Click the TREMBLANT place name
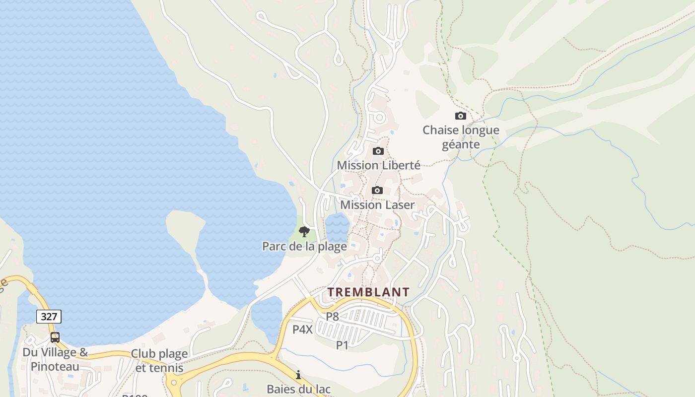click(368, 292)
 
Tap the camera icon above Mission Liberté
click(378, 151)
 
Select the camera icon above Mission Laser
click(377, 190)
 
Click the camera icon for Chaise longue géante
click(461, 116)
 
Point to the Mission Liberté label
click(378, 165)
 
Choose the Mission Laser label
click(377, 204)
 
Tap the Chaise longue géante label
click(461, 137)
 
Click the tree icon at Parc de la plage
click(304, 231)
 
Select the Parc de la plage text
click(304, 246)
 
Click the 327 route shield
click(49, 316)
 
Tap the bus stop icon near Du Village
click(55, 337)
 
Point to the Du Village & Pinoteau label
click(55, 359)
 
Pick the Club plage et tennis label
click(159, 361)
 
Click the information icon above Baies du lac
click(298, 375)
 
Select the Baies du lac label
click(298, 389)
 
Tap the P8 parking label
click(332, 316)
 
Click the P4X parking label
click(302, 329)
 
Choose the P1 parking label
click(342, 345)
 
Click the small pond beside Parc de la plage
click(338, 227)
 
